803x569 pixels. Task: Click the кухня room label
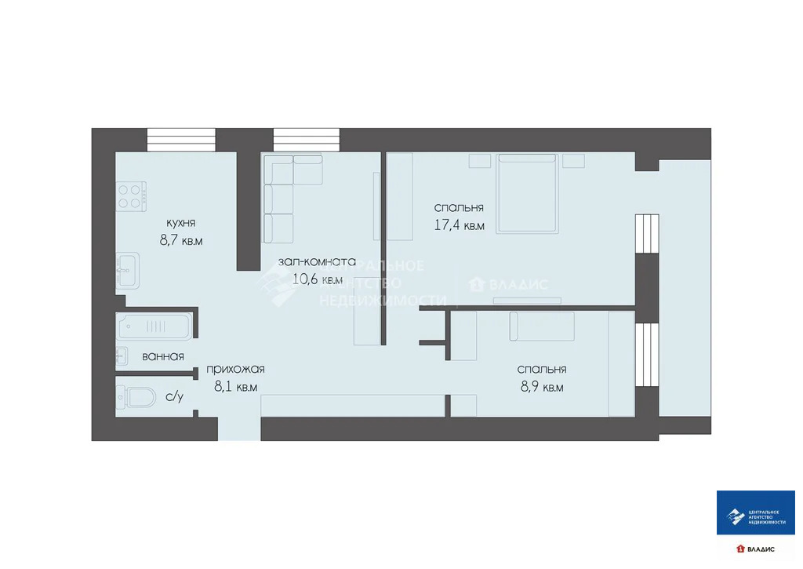click(x=180, y=222)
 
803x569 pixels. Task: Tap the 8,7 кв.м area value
click(x=181, y=241)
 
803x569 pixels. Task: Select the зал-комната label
click(x=318, y=261)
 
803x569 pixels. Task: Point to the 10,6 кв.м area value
click(x=318, y=279)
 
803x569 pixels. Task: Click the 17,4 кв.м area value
click(x=460, y=226)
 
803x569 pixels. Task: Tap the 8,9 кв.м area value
click(x=541, y=387)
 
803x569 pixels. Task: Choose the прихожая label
click(x=235, y=369)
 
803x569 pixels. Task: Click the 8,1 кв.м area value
click(x=235, y=387)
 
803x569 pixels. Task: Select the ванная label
click(x=163, y=356)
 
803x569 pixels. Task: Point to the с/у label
click(x=174, y=397)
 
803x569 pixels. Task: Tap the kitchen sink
click(x=127, y=271)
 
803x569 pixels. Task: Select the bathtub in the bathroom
click(x=154, y=326)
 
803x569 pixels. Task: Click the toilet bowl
click(x=138, y=398)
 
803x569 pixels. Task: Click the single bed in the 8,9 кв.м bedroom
click(x=542, y=326)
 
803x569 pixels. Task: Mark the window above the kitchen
click(x=181, y=139)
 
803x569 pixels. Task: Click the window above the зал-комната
click(x=307, y=139)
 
